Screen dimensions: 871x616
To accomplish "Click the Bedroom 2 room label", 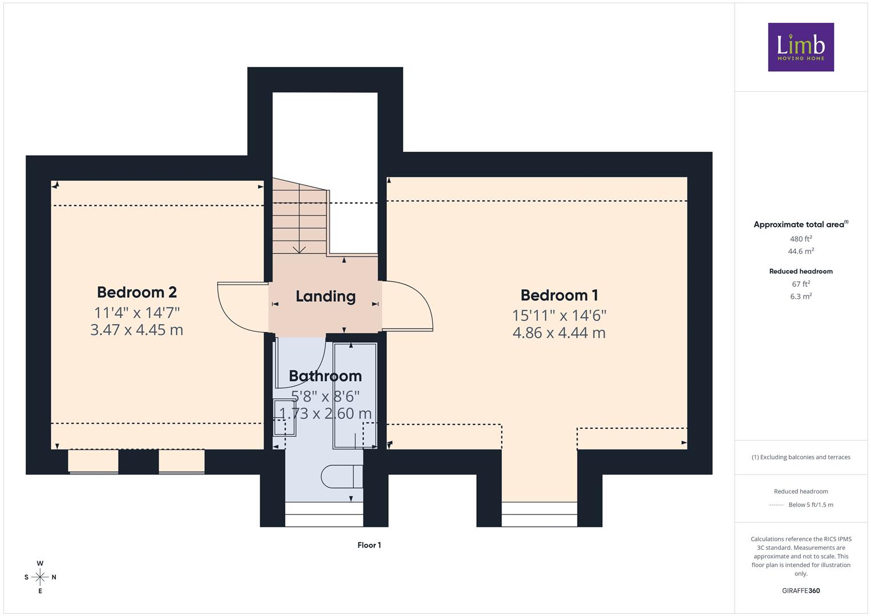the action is (137, 292).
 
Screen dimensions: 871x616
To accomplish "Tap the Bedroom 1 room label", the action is (559, 295).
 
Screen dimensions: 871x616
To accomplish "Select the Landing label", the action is (326, 297).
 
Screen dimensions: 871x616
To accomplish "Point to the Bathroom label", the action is (325, 376).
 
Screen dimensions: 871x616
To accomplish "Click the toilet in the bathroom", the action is (342, 476).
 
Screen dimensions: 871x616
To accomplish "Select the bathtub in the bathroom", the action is (355, 395).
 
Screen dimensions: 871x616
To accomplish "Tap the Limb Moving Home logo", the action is (801, 47).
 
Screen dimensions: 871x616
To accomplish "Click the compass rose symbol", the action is (40, 577).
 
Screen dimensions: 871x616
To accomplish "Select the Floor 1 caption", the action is (369, 545).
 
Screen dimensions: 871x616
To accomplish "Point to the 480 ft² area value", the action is (801, 239).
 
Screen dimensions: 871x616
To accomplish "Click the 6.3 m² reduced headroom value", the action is (801, 297).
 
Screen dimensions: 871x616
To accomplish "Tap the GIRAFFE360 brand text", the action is (801, 591).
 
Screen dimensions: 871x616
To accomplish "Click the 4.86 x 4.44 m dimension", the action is (559, 333).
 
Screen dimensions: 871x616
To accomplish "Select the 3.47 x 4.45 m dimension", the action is (137, 330).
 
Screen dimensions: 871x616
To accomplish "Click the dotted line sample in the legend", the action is (776, 505).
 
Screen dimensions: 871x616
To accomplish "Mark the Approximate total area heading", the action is (801, 224).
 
